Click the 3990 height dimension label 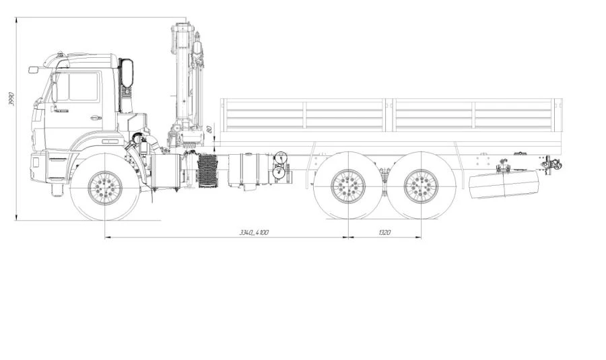click(11, 99)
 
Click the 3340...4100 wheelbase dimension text click(254, 232)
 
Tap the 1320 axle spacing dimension click(384, 232)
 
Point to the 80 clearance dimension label click(209, 129)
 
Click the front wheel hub click(105, 188)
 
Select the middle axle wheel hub click(348, 186)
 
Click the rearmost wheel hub click(421, 186)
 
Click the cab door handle click(95, 118)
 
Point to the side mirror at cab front click(34, 69)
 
